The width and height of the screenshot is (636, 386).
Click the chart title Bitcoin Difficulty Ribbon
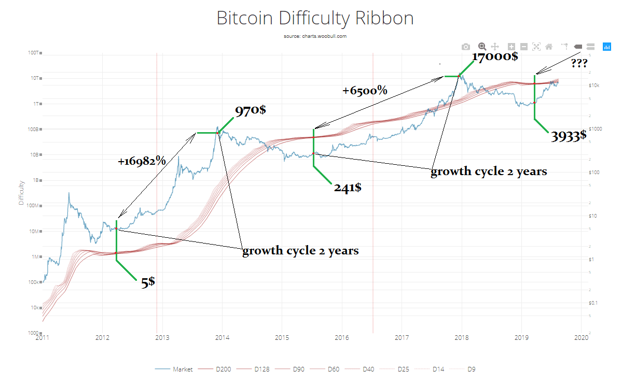[x=315, y=18]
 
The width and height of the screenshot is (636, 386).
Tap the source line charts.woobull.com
[x=315, y=36]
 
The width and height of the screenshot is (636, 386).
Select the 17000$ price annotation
[x=494, y=56]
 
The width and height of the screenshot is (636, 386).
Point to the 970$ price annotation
[x=251, y=111]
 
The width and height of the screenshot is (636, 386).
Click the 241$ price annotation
[x=348, y=187]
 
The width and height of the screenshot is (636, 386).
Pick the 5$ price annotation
[x=148, y=282]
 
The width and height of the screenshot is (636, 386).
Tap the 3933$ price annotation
[x=569, y=136]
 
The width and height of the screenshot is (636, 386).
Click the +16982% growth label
[x=142, y=161]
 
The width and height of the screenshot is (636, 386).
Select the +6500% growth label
[x=365, y=91]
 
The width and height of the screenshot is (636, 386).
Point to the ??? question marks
[x=579, y=64]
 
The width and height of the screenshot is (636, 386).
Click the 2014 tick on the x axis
[x=222, y=338]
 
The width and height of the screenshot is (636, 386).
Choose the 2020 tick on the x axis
[x=581, y=338]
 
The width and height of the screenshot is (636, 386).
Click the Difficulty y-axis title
[x=21, y=193]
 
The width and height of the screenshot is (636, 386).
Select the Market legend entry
[x=183, y=369]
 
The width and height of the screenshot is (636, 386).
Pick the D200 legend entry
[x=223, y=369]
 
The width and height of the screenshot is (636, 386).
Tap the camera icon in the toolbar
[x=466, y=47]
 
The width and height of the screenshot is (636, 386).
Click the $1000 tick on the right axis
[x=595, y=129]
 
